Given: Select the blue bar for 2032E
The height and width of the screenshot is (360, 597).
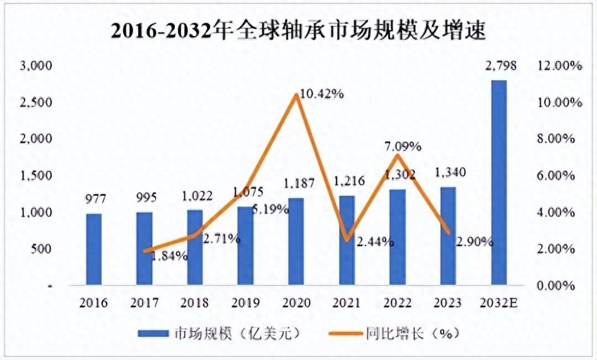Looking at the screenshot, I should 499,183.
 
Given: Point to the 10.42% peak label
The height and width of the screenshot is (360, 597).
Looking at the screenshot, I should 322,94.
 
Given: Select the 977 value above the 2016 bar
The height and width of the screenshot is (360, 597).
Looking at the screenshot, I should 94,201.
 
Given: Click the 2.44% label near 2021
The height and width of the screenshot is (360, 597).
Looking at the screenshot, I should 374,241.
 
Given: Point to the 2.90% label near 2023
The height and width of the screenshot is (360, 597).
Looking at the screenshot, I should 473,241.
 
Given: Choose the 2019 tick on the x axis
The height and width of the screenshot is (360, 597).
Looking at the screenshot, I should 245,303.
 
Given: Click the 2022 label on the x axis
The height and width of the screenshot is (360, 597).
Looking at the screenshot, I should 397,303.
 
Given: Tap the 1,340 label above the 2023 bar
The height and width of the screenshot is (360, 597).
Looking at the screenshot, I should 447,174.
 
